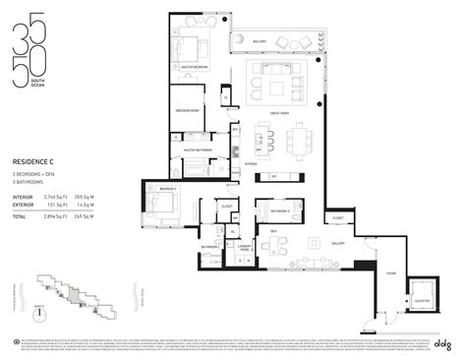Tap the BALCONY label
(260, 41)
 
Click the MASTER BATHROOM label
(198, 151)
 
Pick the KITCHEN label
(251, 163)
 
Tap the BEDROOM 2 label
(167, 188)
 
